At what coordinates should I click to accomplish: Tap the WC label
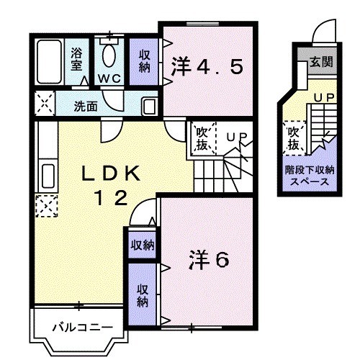click(x=109, y=77)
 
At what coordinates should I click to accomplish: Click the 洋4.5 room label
click(x=207, y=67)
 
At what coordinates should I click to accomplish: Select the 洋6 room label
click(x=210, y=260)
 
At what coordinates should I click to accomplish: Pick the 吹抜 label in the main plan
click(x=202, y=139)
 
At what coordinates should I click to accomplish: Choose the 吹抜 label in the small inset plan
click(x=294, y=138)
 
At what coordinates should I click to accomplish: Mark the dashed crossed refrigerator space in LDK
click(x=46, y=206)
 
